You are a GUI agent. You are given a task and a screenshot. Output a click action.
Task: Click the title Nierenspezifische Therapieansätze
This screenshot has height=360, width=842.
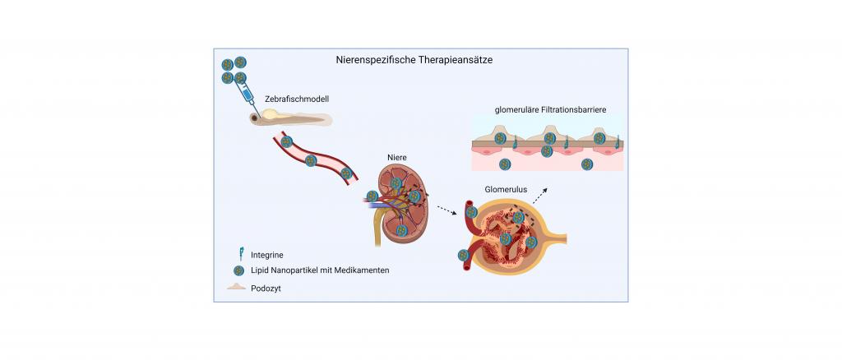414,60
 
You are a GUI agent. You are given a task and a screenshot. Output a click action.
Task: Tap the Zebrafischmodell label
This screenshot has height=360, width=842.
296,99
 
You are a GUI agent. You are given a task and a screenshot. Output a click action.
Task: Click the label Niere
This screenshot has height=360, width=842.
397,158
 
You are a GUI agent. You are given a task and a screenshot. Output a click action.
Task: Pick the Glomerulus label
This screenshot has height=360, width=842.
507,189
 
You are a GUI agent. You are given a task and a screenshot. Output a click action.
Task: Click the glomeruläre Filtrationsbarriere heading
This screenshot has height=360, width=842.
550,109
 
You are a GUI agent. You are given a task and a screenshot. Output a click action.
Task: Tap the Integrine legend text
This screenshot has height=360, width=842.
267,256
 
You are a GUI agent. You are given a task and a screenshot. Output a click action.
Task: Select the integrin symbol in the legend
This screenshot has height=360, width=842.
242,254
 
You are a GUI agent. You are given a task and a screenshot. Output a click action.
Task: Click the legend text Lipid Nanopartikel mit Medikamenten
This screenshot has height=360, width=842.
320,270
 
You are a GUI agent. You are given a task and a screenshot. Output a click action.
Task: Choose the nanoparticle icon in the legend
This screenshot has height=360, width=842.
239,271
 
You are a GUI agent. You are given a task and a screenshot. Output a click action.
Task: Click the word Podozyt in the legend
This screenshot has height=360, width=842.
266,288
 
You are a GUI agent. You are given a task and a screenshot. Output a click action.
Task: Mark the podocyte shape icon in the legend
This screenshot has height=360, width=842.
236,287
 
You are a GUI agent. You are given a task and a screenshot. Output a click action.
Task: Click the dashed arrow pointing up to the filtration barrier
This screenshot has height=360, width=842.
540,196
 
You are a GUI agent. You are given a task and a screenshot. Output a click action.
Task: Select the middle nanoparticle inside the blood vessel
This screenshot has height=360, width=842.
311,160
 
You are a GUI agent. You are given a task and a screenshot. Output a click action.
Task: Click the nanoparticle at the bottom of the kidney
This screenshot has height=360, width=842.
401,230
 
